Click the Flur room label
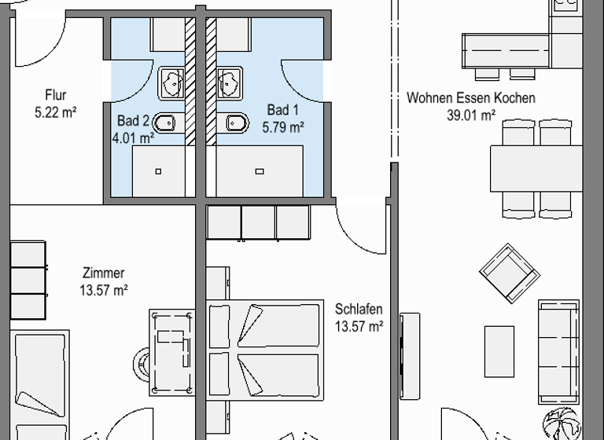56,96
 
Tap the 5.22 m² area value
56,112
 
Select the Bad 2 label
133,121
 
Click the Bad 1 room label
283,110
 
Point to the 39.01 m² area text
470,115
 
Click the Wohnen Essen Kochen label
470,98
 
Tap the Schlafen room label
359,310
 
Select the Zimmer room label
104,273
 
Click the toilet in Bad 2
165,123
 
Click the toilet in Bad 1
235,123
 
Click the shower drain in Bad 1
260,170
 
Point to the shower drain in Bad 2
158,170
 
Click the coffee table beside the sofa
499,350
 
